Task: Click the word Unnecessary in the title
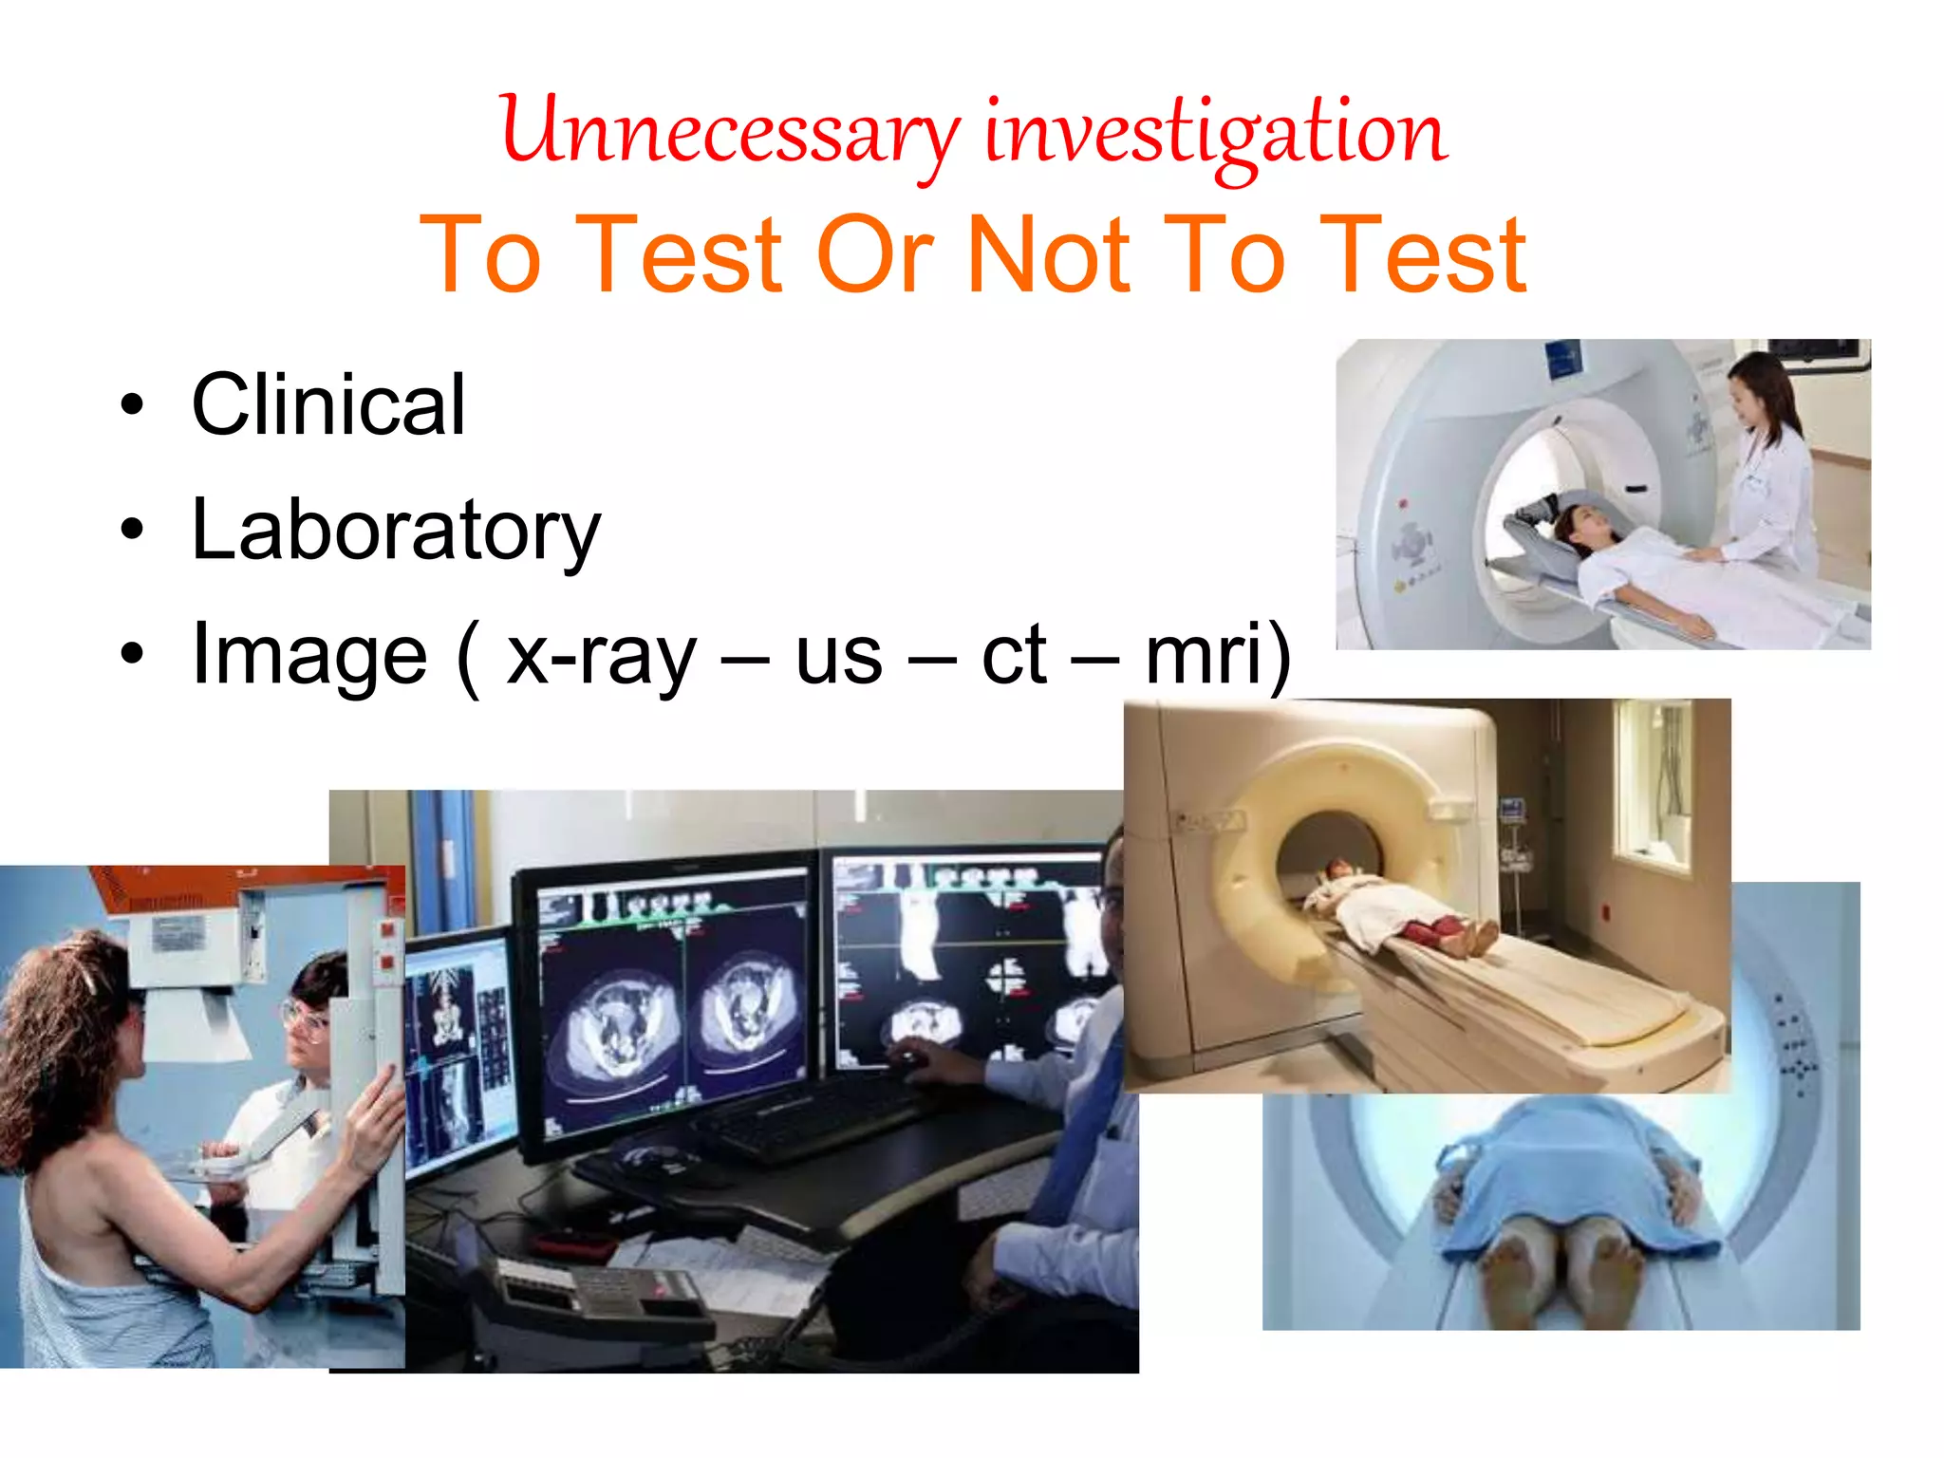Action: [729, 133]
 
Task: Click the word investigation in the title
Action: [1215, 133]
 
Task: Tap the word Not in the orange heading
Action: [1049, 254]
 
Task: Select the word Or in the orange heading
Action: [875, 254]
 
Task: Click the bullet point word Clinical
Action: [328, 405]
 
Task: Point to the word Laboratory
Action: [396, 530]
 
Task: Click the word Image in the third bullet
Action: [309, 655]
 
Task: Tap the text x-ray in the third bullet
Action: [601, 655]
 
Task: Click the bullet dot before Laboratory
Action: [132, 531]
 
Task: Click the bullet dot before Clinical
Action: [132, 405]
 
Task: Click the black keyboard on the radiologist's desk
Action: [807, 1120]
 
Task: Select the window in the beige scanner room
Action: [1656, 788]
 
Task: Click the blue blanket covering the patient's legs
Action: [1566, 1177]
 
